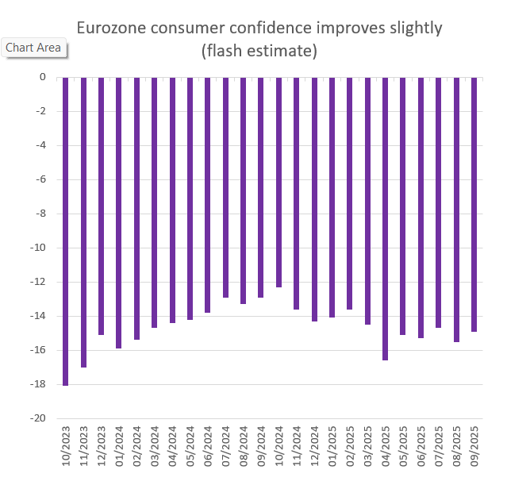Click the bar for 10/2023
[65, 230]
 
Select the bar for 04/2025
[385, 218]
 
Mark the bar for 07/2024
[225, 187]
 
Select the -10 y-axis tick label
[40, 248]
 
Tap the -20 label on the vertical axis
[40, 418]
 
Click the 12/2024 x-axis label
[314, 449]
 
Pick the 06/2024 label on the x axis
[208, 449]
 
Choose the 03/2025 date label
[367, 449]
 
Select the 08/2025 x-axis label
[456, 449]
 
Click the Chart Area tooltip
[33, 48]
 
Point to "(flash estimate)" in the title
[259, 52]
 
